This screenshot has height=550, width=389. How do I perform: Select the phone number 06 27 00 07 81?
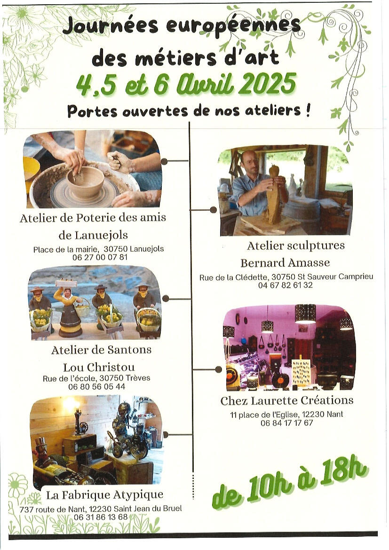(x=100, y=257)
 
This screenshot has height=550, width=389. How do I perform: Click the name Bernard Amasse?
(x=285, y=263)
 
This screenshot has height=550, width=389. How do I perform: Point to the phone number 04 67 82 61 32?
(x=285, y=285)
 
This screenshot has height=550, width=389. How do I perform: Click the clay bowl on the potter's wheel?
(x=85, y=181)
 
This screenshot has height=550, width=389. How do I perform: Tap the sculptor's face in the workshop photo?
(x=250, y=162)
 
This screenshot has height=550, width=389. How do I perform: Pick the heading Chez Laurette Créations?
(x=287, y=400)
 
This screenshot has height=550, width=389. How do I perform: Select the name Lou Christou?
(x=99, y=367)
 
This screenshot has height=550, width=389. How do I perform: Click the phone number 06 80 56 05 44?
(x=97, y=387)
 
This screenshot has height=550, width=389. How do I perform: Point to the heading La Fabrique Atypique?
(x=104, y=495)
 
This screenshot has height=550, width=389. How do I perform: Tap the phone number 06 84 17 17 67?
(x=286, y=423)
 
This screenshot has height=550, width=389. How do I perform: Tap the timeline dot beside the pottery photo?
(x=164, y=161)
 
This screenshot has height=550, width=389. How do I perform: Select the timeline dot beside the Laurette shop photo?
(x=219, y=369)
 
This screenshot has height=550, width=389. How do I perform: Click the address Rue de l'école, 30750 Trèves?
(x=96, y=378)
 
